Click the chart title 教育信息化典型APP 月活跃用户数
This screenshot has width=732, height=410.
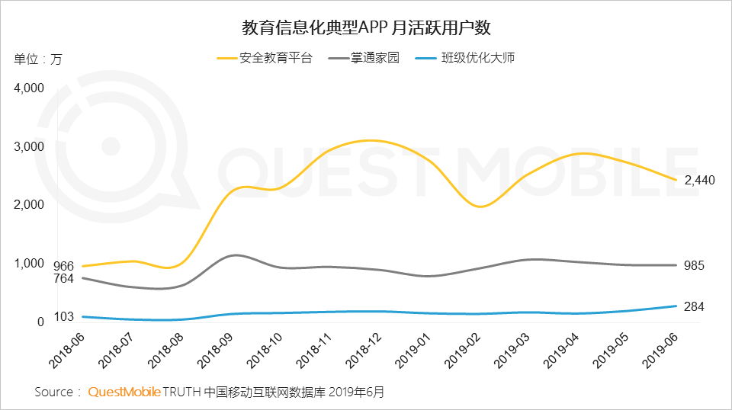[x=365, y=29]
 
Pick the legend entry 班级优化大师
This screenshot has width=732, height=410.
[x=479, y=58]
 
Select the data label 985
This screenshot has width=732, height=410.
[x=694, y=265]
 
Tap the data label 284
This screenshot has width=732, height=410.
[x=694, y=306]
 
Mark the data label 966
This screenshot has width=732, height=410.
[x=63, y=266]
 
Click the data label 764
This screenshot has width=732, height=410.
[x=63, y=279]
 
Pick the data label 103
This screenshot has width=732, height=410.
[x=63, y=316]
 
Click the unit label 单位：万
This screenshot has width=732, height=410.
[x=37, y=59]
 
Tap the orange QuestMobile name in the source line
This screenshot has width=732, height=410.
[x=124, y=392]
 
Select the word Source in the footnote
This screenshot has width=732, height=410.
[x=54, y=392]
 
